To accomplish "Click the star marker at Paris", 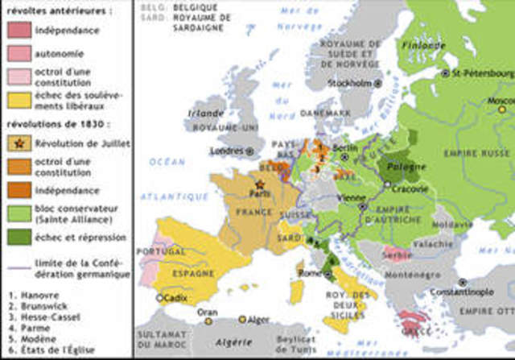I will [259, 184].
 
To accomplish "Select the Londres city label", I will [226, 150].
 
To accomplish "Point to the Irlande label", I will [201, 114].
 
